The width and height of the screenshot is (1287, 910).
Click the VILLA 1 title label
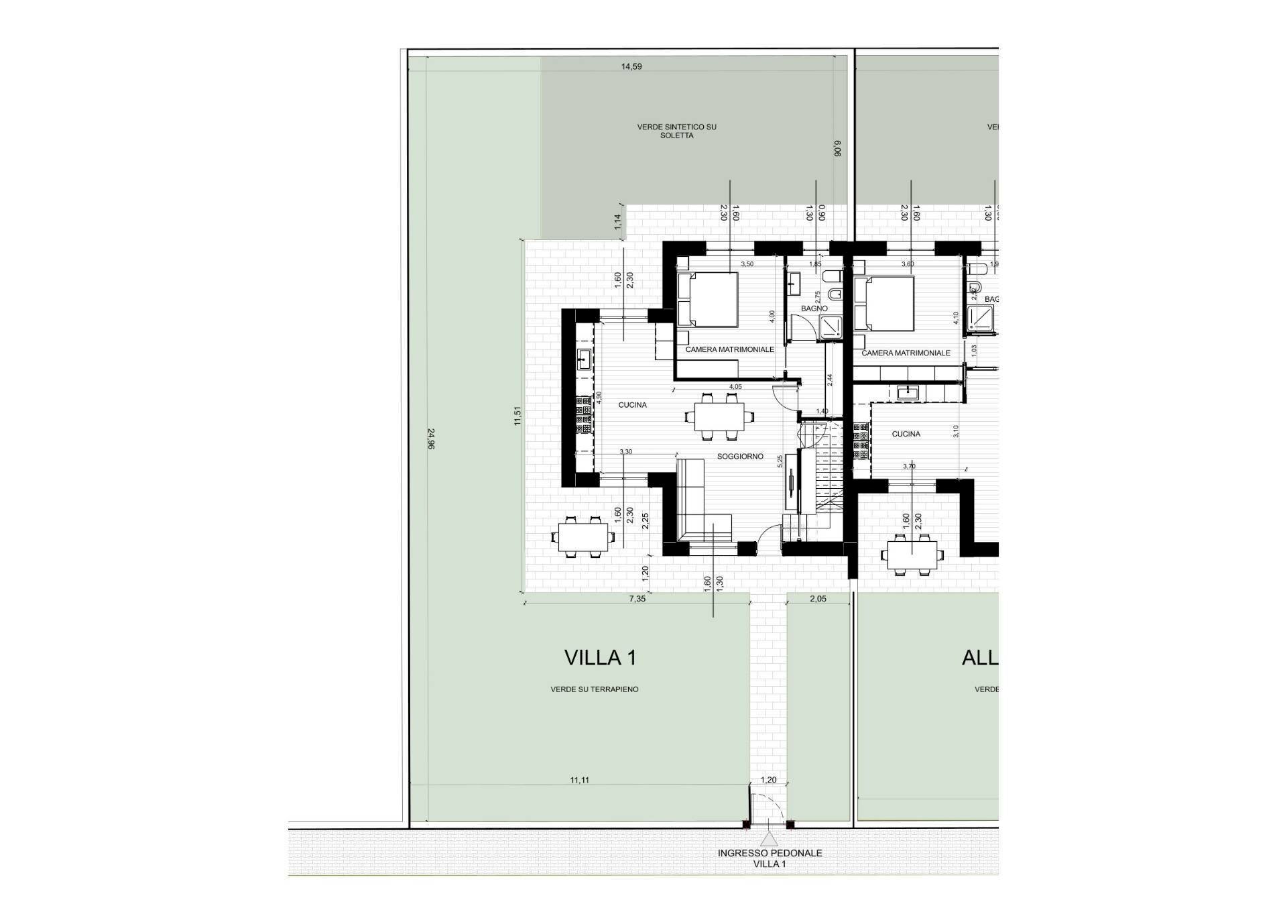[600, 658]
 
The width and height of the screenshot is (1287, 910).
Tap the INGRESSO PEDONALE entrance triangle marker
[770, 838]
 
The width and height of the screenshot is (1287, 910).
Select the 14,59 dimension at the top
[631, 66]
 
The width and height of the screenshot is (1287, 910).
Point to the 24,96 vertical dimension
[430, 439]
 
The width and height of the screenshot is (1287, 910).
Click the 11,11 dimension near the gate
[580, 780]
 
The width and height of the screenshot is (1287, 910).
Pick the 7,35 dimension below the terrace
[637, 599]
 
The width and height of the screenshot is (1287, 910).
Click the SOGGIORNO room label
[740, 457]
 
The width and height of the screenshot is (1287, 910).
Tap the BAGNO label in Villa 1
[814, 308]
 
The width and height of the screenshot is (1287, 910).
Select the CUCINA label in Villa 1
[632, 405]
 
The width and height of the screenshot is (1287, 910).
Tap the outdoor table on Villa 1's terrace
[583, 536]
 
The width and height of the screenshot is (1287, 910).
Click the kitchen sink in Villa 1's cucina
[115, 360]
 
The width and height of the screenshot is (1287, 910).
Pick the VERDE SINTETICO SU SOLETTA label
[676, 131]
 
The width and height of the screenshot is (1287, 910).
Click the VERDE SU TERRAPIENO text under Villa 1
[594, 689]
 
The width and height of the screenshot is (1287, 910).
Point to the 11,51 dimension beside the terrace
[517, 416]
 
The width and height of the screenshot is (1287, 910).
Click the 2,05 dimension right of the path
[818, 599]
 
